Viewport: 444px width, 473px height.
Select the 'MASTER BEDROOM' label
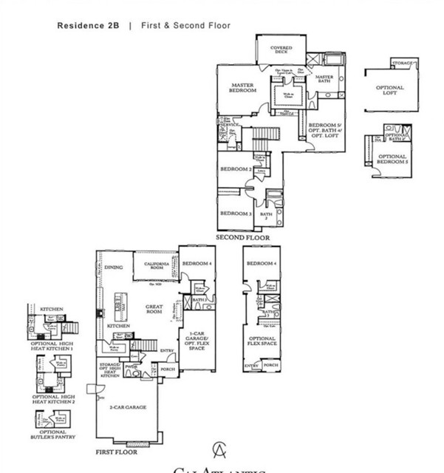242,88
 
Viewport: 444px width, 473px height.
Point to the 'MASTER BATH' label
325,80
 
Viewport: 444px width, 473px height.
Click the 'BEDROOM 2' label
236,169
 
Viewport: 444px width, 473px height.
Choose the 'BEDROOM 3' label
236,214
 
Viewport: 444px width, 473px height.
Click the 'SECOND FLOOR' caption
242,238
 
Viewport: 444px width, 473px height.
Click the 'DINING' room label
113,268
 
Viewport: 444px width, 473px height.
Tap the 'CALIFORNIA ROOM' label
157,266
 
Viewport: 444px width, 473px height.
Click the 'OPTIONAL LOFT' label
389,90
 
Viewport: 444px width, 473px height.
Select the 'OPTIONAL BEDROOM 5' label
392,159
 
